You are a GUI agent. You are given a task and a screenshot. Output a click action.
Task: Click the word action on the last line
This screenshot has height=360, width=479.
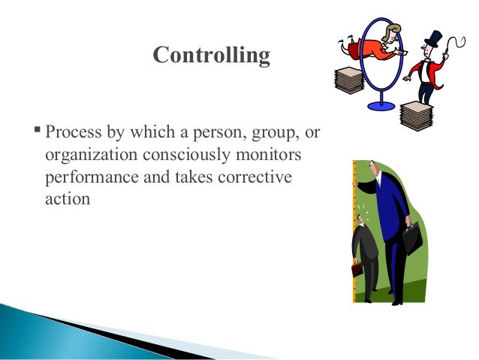pyautogui.click(x=66, y=200)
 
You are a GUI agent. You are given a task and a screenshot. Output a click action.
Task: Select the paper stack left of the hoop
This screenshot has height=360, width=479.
pyautogui.click(x=348, y=80)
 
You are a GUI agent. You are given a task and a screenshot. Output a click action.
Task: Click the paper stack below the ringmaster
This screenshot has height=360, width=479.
pyautogui.click(x=417, y=114)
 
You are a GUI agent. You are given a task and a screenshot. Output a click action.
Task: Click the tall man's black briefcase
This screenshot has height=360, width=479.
pyautogui.click(x=411, y=238)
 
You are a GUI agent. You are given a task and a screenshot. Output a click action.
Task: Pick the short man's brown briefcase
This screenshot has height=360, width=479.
pyautogui.click(x=357, y=269)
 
